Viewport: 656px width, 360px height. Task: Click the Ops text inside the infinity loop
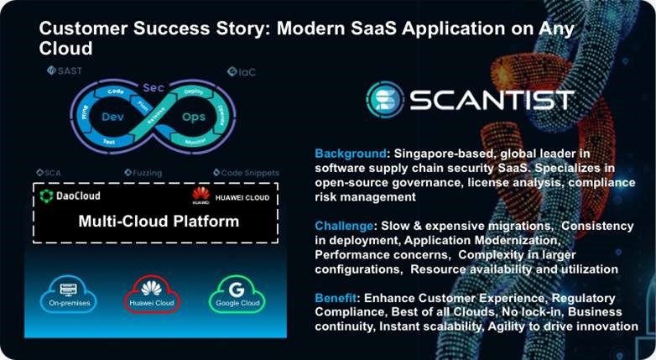click(x=195, y=117)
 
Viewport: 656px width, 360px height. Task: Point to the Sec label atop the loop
click(x=152, y=86)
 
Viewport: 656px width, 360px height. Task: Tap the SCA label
click(x=54, y=173)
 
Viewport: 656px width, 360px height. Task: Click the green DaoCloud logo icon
click(x=47, y=196)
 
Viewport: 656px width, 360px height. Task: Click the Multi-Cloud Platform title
click(x=159, y=222)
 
